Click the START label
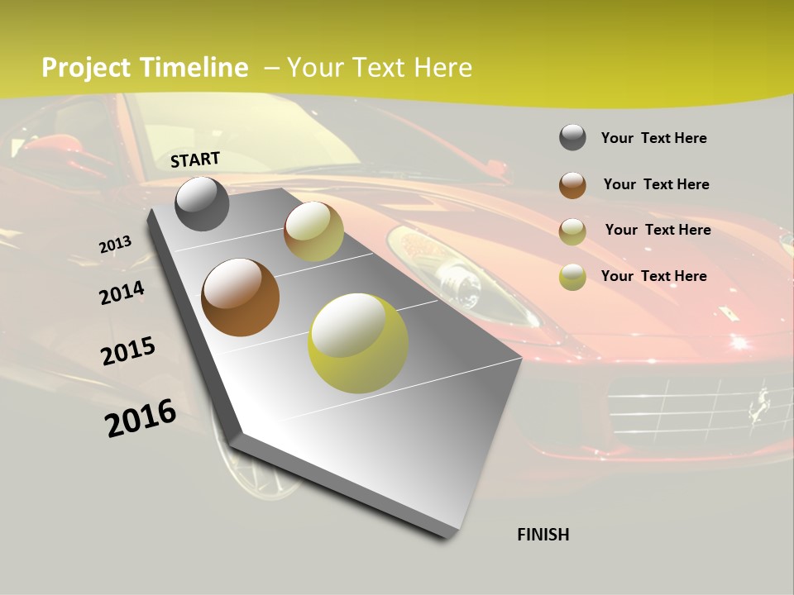195,159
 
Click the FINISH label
543,535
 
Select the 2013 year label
115,245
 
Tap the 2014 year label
122,293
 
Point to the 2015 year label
128,351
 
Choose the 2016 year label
141,417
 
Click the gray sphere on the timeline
202,204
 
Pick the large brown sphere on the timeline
240,297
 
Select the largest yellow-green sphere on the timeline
358,343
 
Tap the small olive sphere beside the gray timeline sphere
313,231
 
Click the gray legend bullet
572,137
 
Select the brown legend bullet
572,184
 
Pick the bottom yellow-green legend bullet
572,276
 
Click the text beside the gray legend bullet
653,138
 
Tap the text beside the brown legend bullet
656,184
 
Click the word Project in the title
87,68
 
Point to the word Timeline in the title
194,68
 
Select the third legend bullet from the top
572,231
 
